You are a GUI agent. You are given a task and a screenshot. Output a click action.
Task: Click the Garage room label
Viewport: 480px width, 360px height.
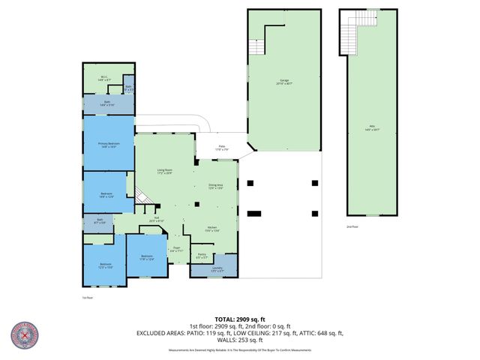[x=284, y=81]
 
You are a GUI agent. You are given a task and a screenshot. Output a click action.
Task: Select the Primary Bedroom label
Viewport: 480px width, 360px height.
[x=108, y=145]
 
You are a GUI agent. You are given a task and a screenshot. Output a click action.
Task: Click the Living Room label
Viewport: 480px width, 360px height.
[x=165, y=172]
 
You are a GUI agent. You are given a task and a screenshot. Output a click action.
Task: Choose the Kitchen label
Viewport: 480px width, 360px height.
[x=211, y=229]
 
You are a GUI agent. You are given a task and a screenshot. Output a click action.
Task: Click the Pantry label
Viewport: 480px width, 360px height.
[x=202, y=255]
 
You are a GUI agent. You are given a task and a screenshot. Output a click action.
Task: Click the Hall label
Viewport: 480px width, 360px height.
[x=156, y=220]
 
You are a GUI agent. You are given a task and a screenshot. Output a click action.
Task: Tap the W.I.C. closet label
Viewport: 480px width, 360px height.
[x=104, y=77]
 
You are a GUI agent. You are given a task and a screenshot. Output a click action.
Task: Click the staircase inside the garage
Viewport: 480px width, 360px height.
[x=256, y=46]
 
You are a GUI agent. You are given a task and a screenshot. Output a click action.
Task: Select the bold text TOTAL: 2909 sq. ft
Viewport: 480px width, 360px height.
[x=239, y=319]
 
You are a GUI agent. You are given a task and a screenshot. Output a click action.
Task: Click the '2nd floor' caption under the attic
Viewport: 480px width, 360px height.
[x=352, y=226]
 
